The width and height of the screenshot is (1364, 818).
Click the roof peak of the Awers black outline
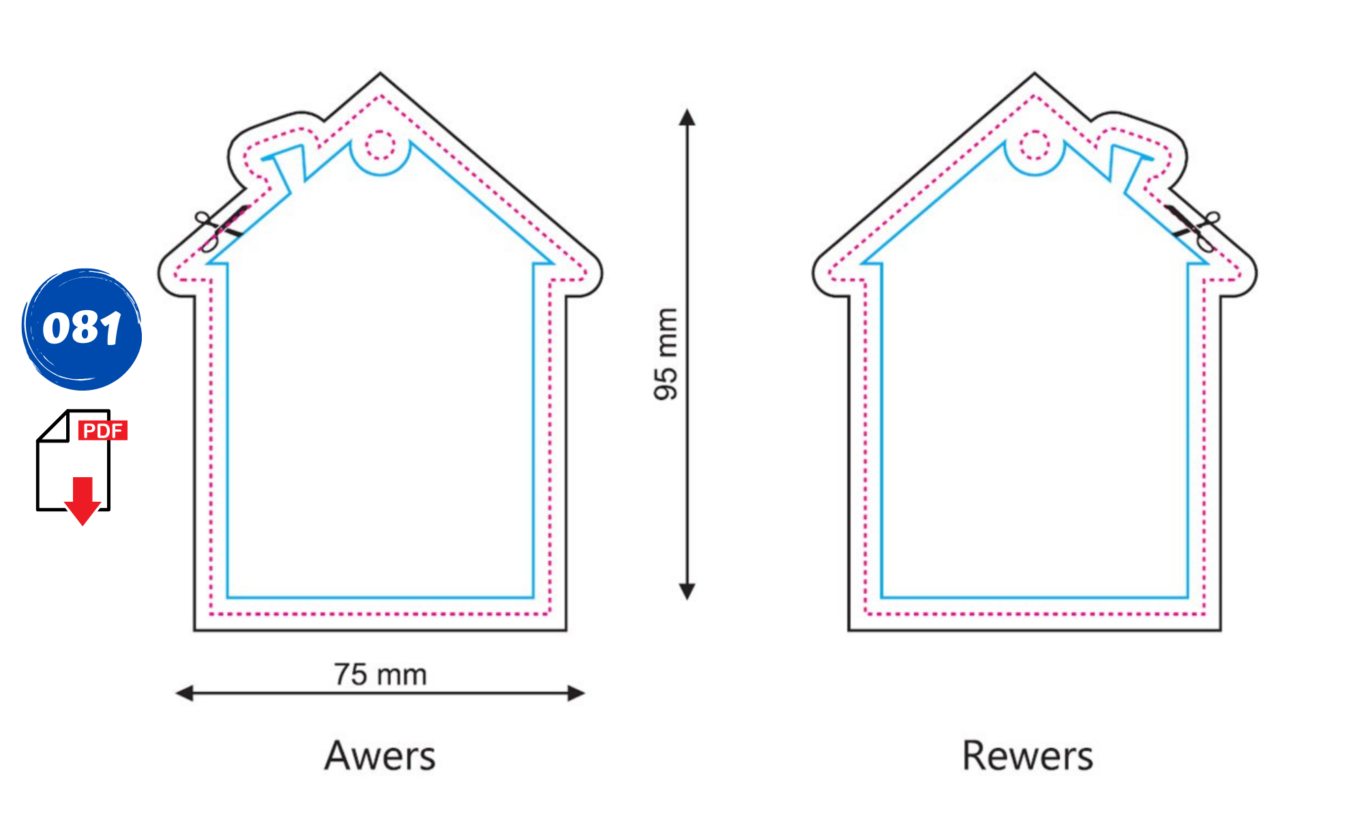click(381, 73)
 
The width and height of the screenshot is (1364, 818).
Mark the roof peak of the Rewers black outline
click(1034, 73)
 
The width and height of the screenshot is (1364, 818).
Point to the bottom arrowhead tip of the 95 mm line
click(687, 600)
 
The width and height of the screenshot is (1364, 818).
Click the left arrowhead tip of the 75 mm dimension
click(176, 694)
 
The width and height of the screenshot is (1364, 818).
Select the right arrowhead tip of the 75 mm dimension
click(585, 694)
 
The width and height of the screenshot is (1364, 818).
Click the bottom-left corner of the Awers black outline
click(194, 631)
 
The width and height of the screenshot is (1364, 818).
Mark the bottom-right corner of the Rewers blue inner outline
click(1187, 597)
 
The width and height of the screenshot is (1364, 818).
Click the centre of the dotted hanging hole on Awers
click(381, 145)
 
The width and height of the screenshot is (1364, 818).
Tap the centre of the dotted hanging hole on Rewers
click(1035, 145)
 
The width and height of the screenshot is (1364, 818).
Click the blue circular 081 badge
click(82, 329)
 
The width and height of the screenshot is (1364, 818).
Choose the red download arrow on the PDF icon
click(83, 501)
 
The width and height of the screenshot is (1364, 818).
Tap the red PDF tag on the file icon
click(103, 430)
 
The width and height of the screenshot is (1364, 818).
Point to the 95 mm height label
click(666, 354)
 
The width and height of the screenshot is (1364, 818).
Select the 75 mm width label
click(381, 674)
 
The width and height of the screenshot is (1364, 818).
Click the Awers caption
click(380, 755)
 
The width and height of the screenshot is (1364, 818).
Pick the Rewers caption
click(1028, 755)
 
